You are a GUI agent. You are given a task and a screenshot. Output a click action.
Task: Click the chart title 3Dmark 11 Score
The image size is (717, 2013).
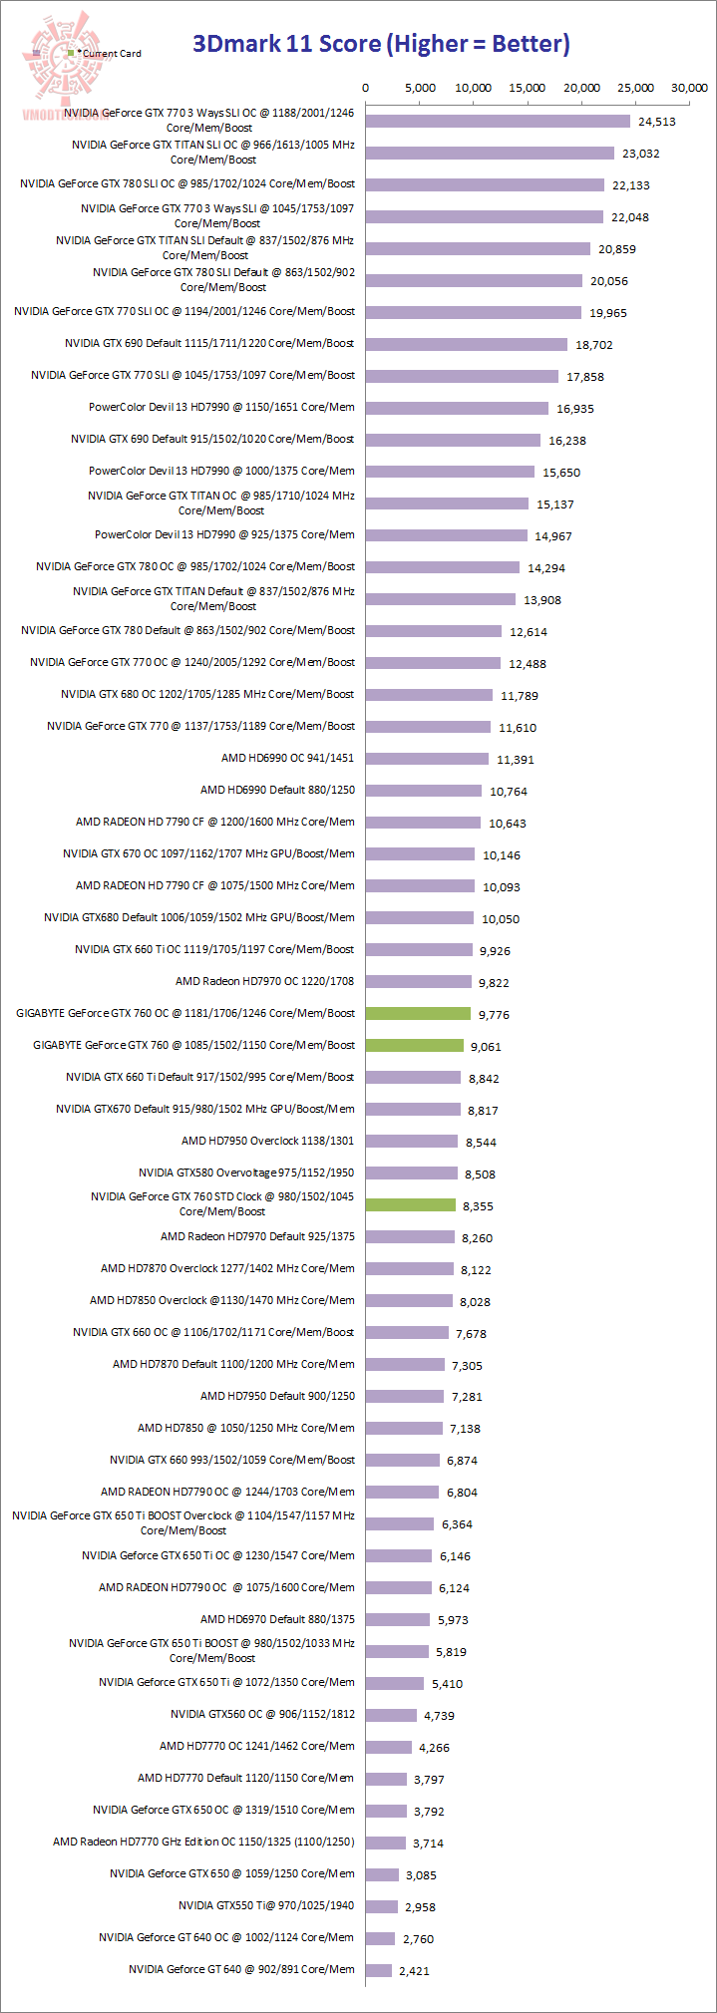381,44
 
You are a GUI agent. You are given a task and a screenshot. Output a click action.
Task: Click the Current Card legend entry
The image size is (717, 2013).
111,54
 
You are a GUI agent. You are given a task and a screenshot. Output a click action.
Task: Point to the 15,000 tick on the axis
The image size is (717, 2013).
528,88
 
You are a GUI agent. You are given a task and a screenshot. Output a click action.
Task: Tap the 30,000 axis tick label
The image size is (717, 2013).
689,88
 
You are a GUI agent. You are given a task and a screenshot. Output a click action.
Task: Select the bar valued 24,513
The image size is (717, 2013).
498,121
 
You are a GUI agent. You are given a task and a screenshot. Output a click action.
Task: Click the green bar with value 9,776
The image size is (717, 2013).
418,1013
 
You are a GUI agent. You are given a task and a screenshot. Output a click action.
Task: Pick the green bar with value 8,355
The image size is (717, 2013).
410,1204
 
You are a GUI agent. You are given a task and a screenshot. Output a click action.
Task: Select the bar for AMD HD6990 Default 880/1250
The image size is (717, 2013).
423,790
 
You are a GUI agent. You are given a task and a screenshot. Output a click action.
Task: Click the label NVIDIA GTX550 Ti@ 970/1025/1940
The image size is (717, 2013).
266,1905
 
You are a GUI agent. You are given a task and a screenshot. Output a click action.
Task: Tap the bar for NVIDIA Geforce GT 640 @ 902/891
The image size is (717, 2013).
379,1969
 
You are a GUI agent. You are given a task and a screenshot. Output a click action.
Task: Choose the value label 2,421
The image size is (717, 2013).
414,1971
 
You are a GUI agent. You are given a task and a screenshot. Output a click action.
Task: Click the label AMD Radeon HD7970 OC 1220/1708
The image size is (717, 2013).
264,981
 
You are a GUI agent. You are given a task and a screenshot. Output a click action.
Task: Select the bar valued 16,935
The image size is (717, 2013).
457,408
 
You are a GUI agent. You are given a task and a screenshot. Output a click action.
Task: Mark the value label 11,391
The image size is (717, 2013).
516,760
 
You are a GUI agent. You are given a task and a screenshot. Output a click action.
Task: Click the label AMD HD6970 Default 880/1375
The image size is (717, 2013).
277,1619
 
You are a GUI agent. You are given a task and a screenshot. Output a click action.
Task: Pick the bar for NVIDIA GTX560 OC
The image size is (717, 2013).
391,1715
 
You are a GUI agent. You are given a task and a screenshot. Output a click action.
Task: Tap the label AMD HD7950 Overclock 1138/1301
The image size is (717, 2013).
267,1141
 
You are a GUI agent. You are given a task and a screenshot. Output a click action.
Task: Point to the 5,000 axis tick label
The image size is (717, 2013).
419,88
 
